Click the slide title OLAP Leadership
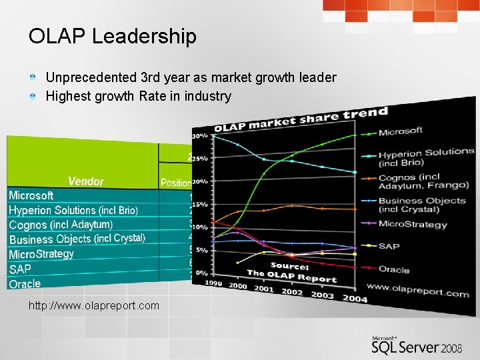(112, 37)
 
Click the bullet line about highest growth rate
(138, 96)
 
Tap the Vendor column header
(85, 181)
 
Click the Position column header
(176, 183)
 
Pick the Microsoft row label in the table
(31, 195)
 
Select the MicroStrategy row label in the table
(41, 254)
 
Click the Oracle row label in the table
(25, 284)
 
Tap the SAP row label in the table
(20, 269)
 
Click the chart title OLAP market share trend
(300, 119)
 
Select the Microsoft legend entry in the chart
(400, 131)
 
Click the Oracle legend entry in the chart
(394, 270)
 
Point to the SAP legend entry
(389, 246)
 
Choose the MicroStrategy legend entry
(412, 224)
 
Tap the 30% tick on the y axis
(199, 135)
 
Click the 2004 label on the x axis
(355, 298)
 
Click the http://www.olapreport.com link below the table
(94, 305)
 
